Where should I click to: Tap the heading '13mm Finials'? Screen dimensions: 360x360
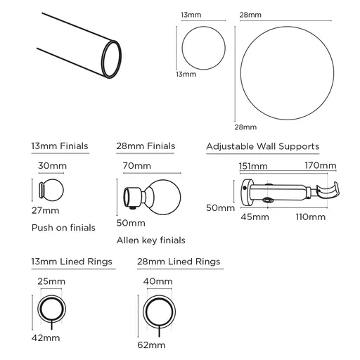coord(60,146)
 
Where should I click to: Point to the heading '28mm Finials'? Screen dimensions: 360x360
coord(146,146)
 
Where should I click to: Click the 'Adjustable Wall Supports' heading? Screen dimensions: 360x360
coord(262,146)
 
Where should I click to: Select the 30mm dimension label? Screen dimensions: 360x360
coord(53,167)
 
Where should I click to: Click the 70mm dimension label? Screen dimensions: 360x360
coord(137,167)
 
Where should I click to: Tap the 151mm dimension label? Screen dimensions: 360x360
coord(253,166)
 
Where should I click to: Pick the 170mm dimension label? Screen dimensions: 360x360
coord(321,166)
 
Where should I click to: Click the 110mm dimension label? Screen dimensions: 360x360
coord(311,217)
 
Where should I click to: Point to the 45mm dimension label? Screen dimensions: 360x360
coord(256,217)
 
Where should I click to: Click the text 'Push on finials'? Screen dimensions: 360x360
coord(63,228)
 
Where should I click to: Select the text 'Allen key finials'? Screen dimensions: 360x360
coord(150,240)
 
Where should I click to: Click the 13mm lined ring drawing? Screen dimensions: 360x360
coord(51,308)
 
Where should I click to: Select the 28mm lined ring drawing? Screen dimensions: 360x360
coord(157,312)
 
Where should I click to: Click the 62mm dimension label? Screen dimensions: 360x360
coord(152,345)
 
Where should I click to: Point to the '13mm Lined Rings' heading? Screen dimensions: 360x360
coord(72,262)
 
